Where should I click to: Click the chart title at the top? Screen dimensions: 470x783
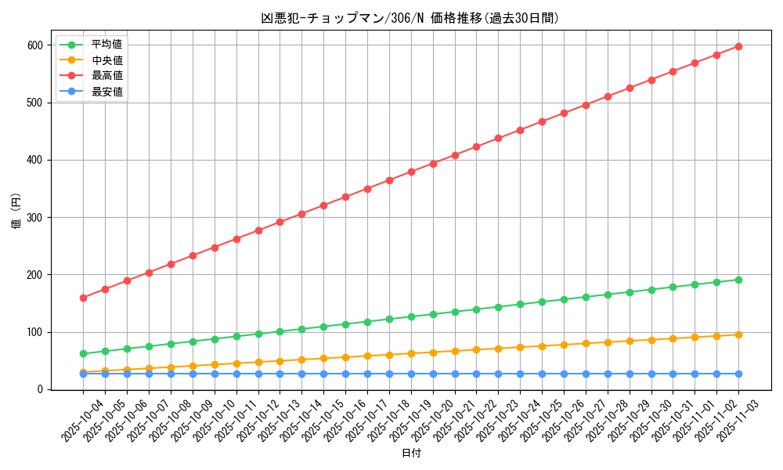point(410,18)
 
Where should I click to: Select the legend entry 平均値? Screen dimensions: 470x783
point(106,45)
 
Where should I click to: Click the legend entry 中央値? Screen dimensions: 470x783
point(106,60)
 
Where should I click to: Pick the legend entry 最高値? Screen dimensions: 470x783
point(106,76)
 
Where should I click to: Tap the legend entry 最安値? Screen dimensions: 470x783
point(106,92)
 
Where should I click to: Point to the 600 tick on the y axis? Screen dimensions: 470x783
point(34,45)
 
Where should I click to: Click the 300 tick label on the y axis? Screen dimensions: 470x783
point(34,218)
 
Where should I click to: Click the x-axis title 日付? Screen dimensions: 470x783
point(411,454)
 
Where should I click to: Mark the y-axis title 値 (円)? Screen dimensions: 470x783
point(16,212)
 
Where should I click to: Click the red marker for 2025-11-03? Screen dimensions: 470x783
point(738,46)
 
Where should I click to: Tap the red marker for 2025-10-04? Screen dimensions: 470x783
point(83,298)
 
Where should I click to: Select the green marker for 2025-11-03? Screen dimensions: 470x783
point(738,280)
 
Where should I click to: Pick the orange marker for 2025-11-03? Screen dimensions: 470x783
point(738,334)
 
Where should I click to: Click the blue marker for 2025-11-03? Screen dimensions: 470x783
point(738,374)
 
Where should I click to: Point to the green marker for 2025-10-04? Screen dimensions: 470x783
point(83,353)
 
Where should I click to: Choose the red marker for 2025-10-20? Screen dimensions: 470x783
point(433,164)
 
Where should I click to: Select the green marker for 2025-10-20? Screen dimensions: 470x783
point(433,314)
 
